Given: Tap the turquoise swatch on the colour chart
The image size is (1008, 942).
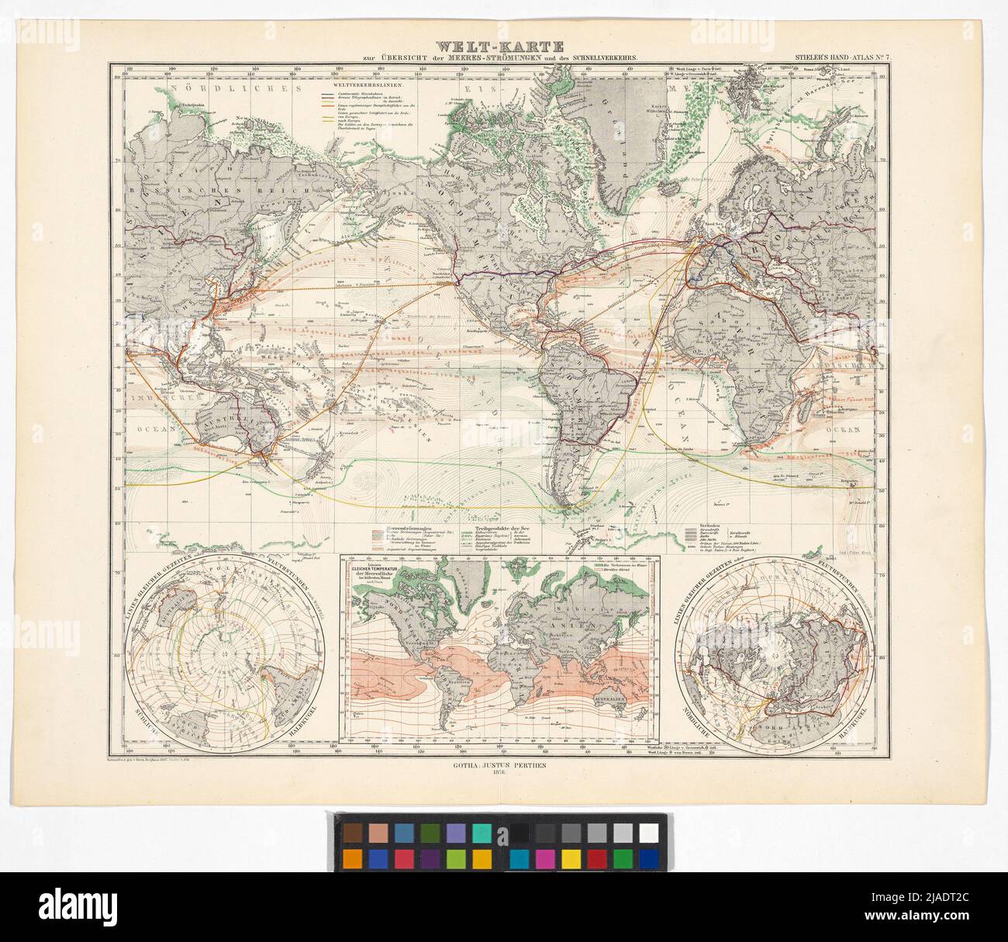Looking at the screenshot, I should coord(481,832).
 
